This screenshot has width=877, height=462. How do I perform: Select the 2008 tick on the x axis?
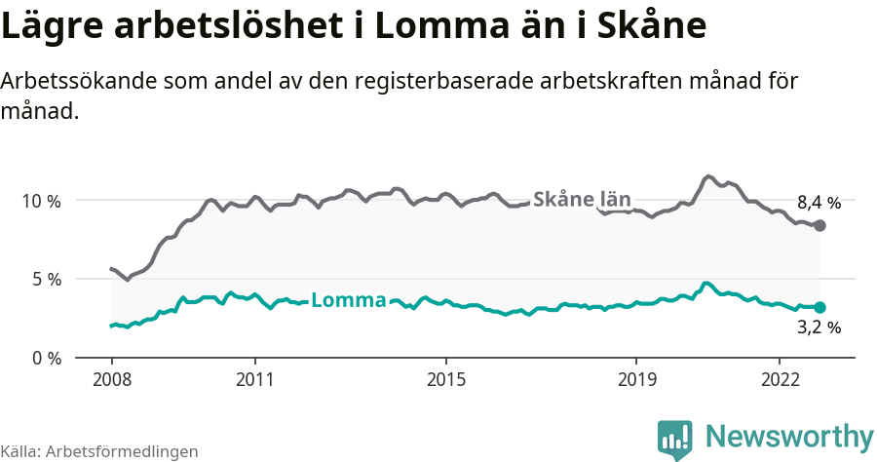point(111,378)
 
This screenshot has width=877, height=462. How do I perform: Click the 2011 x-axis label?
point(254,378)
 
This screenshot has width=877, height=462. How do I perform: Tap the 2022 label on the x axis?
point(780,378)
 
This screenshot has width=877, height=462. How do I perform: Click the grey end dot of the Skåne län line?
point(820,226)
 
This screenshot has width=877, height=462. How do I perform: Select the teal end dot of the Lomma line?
point(820,307)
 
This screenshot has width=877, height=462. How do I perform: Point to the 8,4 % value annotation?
point(819,204)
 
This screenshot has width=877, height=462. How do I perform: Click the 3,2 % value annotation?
point(819,328)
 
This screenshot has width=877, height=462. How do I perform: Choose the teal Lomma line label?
point(348,300)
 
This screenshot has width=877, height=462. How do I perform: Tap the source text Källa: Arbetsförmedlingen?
point(99,451)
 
